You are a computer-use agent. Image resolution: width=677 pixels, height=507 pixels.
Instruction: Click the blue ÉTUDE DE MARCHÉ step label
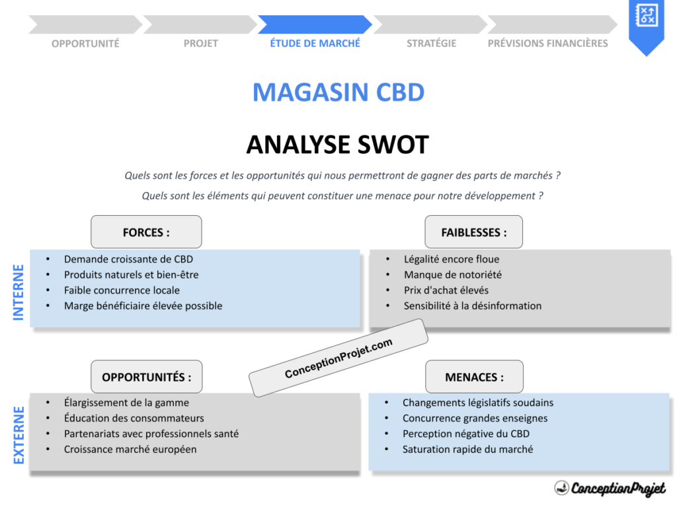click(315, 43)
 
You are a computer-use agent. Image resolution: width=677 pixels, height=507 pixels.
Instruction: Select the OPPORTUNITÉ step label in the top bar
click(85, 44)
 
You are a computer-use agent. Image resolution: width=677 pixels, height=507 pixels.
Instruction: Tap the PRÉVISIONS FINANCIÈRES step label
click(547, 44)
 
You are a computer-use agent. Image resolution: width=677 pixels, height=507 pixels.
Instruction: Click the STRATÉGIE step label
click(431, 44)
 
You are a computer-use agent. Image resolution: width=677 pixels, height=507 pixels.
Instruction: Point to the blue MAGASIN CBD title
click(338, 92)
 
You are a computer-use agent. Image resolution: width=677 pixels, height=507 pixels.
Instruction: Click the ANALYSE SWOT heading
click(338, 145)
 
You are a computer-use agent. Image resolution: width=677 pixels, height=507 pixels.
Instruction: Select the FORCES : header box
click(146, 232)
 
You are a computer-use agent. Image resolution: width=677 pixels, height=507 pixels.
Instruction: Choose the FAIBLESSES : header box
click(474, 232)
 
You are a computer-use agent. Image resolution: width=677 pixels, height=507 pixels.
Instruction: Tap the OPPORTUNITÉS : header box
click(146, 377)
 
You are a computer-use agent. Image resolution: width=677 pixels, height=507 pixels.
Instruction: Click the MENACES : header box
click(474, 377)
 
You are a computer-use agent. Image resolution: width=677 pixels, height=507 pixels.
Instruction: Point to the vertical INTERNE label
click(19, 292)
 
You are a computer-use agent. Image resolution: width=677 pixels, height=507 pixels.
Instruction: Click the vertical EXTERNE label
click(19, 435)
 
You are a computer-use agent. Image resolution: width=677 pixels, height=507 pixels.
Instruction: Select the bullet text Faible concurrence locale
click(122, 290)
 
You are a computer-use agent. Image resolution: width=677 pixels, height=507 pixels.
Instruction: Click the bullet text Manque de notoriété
click(453, 275)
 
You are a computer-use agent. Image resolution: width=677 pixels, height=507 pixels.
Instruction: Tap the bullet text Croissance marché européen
click(130, 450)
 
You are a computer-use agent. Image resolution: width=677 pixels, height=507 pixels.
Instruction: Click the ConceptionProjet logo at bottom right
click(610, 489)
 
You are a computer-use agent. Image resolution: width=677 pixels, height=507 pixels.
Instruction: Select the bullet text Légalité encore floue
click(452, 259)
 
